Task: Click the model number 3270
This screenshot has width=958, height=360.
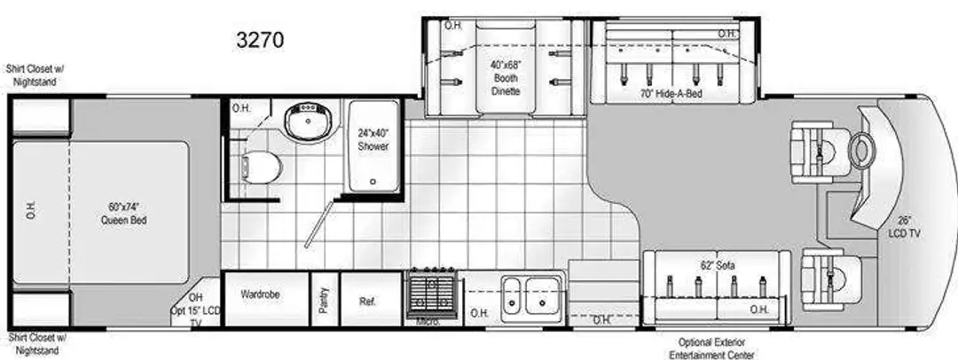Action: click(260, 40)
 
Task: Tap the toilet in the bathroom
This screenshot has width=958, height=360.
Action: click(261, 166)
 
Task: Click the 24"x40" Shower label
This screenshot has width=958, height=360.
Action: click(373, 138)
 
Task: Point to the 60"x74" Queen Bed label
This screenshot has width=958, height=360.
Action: click(124, 215)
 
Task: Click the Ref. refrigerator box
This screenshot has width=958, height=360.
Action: click(371, 300)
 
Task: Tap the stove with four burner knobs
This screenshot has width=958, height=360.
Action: click(432, 293)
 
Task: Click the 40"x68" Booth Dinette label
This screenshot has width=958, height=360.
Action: click(506, 78)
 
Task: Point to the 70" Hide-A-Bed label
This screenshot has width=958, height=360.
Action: click(671, 93)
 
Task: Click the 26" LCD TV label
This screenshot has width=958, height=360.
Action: click(906, 227)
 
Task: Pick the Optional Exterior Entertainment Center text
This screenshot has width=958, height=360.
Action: click(711, 348)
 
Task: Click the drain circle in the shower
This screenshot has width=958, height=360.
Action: click(373, 182)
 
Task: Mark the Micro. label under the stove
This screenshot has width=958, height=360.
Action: click(429, 322)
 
